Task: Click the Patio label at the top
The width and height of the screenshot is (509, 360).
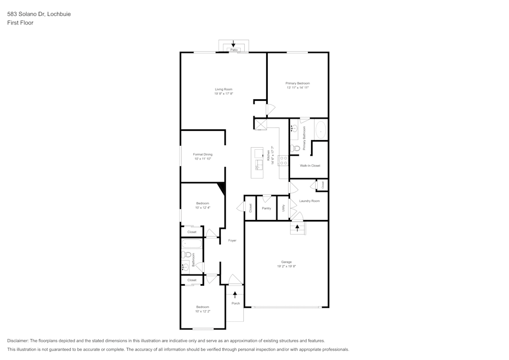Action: tap(234, 50)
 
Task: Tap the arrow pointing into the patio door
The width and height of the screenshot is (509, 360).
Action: tap(234, 44)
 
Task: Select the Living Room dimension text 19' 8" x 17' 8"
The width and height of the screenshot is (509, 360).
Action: tap(223, 94)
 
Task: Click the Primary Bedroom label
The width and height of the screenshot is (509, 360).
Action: tap(297, 83)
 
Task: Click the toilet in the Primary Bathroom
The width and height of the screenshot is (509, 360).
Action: tap(294, 148)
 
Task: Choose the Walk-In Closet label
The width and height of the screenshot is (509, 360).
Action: tap(309, 165)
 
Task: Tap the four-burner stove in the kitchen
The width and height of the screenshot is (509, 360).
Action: tap(284, 160)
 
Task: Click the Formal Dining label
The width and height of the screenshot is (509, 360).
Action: tap(203, 154)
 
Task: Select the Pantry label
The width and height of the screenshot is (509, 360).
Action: tap(266, 208)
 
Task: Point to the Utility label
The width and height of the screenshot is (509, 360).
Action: tap(284, 208)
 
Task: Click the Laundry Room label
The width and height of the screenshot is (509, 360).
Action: tap(309, 201)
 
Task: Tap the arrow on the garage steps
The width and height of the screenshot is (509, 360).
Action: tap(297, 228)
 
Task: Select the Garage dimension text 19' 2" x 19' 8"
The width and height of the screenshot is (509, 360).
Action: tap(287, 266)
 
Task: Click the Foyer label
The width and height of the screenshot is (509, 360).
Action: tap(232, 240)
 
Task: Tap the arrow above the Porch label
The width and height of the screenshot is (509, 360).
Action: tap(235, 294)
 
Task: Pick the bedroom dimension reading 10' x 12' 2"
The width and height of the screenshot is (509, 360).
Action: tap(203, 311)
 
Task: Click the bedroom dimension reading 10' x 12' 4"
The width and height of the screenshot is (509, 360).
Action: tap(203, 208)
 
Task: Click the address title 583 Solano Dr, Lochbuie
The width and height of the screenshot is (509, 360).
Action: tap(39, 14)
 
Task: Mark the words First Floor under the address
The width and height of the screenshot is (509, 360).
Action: tap(20, 23)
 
